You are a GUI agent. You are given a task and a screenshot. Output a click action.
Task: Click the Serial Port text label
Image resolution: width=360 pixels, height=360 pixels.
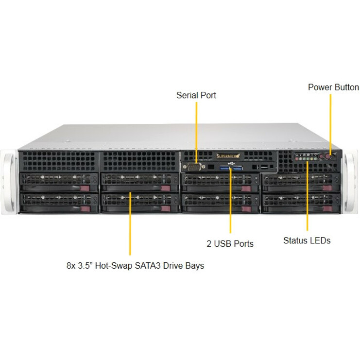(x=196, y=95)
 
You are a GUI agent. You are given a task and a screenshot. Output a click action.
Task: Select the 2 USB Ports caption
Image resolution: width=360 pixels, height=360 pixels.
(x=230, y=244)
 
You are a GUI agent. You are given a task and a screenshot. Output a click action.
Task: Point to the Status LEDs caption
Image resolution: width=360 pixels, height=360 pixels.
(x=307, y=240)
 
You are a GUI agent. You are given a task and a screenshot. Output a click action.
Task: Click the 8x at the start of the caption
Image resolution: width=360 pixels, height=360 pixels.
(x=71, y=266)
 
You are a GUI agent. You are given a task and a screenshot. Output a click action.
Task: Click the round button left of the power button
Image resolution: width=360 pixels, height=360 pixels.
(x=319, y=158)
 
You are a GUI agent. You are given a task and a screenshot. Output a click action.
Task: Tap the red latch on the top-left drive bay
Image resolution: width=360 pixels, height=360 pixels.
(x=86, y=189)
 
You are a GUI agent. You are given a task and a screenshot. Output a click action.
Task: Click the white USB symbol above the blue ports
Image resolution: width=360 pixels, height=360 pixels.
(x=230, y=163)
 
